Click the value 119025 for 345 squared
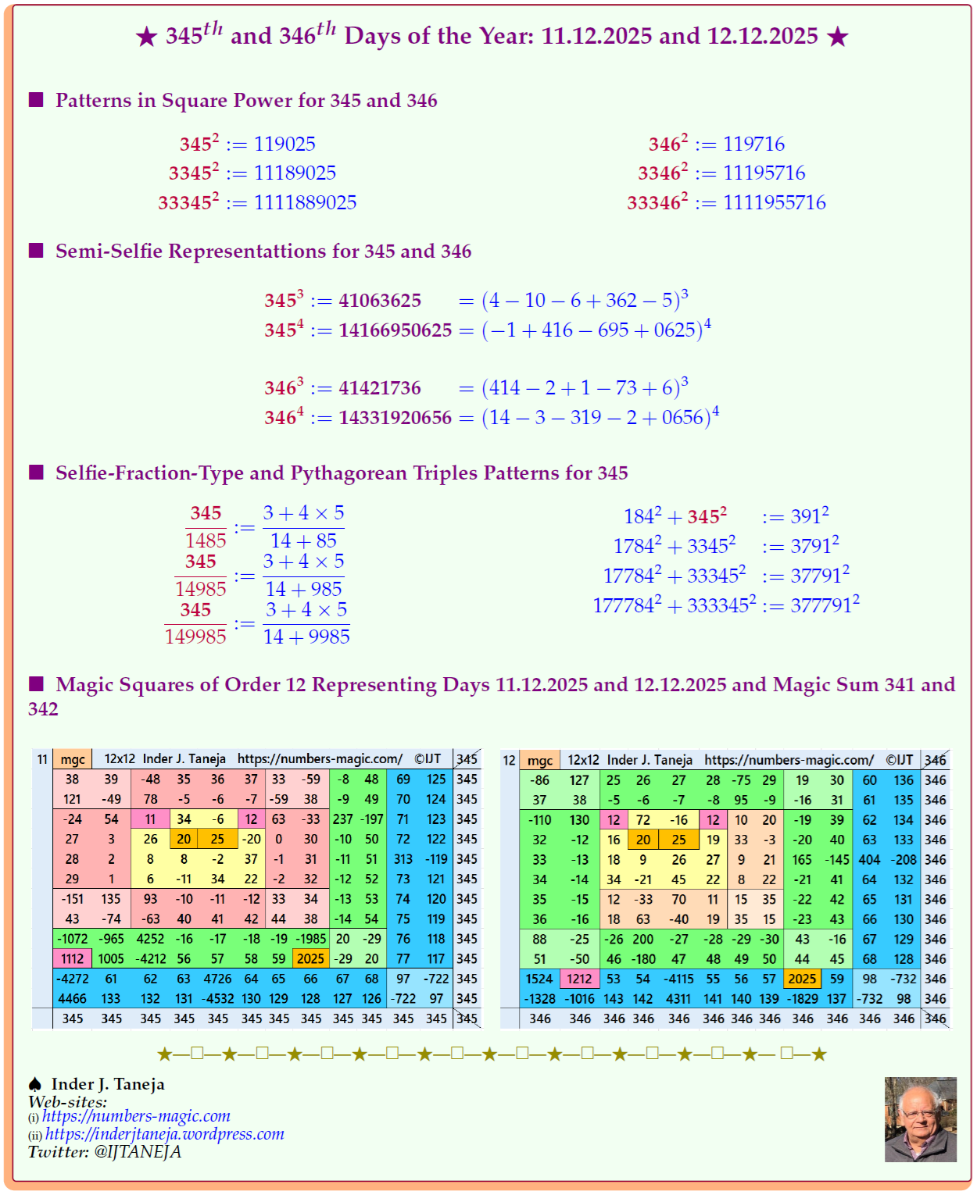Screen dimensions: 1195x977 click(x=285, y=144)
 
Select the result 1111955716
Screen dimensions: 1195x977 click(x=774, y=203)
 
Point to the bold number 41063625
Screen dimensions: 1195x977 click(x=380, y=301)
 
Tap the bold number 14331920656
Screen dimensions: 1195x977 click(x=395, y=418)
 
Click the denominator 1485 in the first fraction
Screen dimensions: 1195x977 click(x=206, y=540)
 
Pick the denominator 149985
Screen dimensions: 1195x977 click(x=195, y=637)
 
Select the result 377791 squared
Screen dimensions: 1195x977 click(x=825, y=605)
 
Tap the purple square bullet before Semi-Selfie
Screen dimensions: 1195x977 click(x=36, y=251)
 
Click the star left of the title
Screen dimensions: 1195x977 click(x=146, y=37)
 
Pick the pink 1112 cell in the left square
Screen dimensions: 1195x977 click(x=72, y=959)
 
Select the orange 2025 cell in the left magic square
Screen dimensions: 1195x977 click(x=310, y=959)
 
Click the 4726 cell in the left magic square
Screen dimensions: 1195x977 click(x=217, y=979)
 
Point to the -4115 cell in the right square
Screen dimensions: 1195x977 click(x=678, y=979)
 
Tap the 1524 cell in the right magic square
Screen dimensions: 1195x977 click(x=539, y=979)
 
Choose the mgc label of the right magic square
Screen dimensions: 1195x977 click(x=540, y=760)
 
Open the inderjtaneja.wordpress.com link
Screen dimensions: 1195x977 click(x=164, y=1134)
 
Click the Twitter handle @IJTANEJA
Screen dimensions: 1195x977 click(x=138, y=1152)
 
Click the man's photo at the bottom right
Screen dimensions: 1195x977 click(x=920, y=1119)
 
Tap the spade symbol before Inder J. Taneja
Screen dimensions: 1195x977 click(x=35, y=1084)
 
